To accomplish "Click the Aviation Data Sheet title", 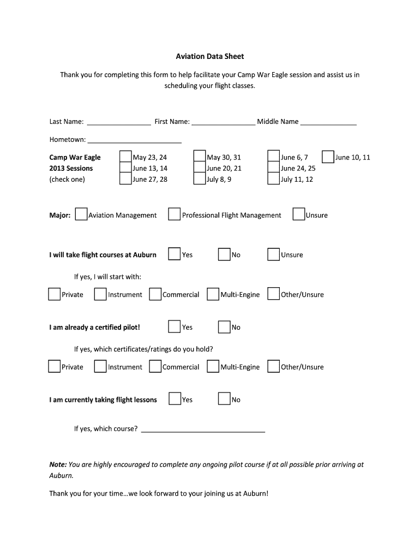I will click(x=209, y=56).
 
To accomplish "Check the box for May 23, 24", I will click(x=125, y=157).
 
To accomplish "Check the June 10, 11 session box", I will click(x=328, y=157).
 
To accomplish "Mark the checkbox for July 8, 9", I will click(x=200, y=179).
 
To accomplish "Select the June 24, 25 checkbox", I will click(x=273, y=168).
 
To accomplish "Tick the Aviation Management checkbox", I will click(x=81, y=215).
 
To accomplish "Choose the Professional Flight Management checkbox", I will click(x=175, y=215).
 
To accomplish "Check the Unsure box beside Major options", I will click(x=299, y=215).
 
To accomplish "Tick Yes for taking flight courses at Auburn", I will click(x=175, y=254).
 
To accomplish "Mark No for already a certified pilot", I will click(x=224, y=327).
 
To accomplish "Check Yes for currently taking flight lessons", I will click(x=175, y=399).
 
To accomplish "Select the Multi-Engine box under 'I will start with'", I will click(x=213, y=294).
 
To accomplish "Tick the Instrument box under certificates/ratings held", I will click(x=100, y=367).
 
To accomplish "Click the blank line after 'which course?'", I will click(x=203, y=431).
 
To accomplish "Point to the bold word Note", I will click(x=58, y=465).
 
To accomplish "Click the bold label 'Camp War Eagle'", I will click(x=75, y=157).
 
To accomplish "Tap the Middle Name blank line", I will click(x=328, y=124).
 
